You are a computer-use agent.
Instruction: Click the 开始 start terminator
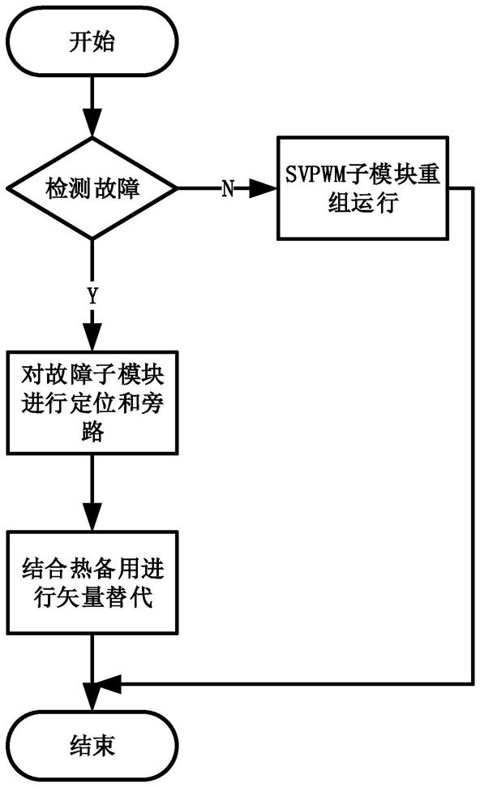92,41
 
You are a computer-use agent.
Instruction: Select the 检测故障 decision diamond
92,188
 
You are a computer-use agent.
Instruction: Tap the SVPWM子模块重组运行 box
362,188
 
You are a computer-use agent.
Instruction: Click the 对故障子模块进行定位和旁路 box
92,403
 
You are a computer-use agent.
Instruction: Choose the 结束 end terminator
92,746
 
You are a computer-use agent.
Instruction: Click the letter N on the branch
228,189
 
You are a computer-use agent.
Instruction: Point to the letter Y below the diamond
92,296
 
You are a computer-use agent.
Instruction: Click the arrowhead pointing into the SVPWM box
263,188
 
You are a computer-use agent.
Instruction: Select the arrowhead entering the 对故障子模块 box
92,337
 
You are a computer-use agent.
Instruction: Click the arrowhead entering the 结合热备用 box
92,518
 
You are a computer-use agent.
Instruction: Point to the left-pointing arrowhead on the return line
107,683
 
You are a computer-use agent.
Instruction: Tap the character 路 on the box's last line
92,431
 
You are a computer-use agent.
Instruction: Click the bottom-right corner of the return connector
473,683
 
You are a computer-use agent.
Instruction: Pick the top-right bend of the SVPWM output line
473,188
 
